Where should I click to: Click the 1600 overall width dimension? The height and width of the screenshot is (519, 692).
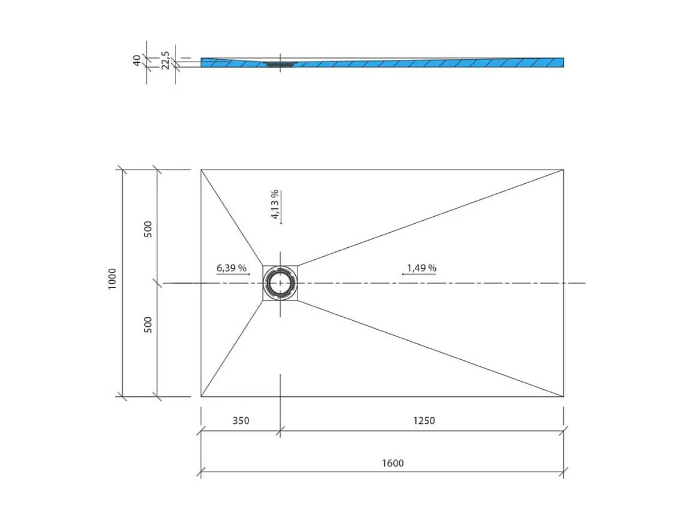[392, 463]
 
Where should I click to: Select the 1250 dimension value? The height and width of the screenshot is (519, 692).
[424, 420]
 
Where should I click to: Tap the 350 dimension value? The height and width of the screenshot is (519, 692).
[240, 420]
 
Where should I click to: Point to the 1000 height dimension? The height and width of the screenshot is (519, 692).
[113, 280]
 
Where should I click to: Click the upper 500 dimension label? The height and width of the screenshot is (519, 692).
[148, 229]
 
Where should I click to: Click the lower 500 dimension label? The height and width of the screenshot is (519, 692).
[148, 324]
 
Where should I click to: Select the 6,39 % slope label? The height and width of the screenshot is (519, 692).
[232, 268]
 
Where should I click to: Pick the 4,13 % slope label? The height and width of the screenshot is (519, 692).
[274, 205]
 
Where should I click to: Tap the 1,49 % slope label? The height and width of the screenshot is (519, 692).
[421, 268]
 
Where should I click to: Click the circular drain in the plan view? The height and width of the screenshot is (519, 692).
[280, 283]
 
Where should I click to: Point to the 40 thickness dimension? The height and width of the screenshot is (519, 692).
[136, 60]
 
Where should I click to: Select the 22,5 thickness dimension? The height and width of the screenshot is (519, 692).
[165, 60]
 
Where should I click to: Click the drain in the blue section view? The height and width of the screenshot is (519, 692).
[276, 63]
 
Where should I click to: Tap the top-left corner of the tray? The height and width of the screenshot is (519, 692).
[201, 169]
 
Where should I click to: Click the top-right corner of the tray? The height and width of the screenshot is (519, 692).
[563, 169]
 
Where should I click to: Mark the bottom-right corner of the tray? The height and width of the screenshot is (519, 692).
[563, 396]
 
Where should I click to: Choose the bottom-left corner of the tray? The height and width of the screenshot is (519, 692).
[201, 396]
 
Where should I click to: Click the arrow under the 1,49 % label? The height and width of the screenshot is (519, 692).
[418, 274]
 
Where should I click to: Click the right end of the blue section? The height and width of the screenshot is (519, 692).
[562, 62]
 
